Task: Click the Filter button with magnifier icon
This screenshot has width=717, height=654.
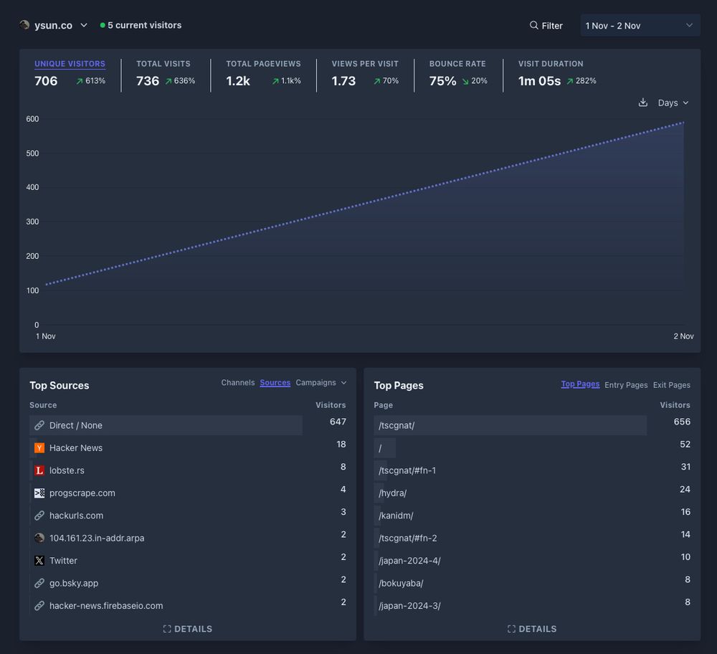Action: click(546, 26)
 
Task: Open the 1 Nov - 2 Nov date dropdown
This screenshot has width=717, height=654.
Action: click(640, 26)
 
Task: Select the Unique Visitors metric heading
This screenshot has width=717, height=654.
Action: click(70, 64)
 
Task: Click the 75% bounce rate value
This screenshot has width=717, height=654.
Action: click(442, 81)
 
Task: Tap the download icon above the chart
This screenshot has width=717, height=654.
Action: click(643, 103)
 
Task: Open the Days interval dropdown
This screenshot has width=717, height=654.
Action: click(673, 103)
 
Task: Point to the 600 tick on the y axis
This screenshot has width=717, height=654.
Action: click(32, 119)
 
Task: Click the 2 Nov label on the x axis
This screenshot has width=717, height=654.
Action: click(683, 336)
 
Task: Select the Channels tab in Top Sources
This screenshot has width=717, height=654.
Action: click(237, 383)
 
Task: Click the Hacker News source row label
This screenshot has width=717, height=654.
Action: click(75, 447)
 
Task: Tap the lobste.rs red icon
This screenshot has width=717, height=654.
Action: click(39, 470)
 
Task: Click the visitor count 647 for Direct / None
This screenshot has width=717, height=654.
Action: click(338, 422)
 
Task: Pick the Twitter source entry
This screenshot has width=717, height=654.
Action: click(63, 561)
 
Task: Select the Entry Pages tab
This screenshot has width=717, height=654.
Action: click(626, 385)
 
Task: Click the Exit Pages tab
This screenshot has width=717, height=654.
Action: click(671, 385)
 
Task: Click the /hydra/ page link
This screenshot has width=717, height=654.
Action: click(393, 493)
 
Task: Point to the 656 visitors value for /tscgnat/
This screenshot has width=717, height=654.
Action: click(682, 422)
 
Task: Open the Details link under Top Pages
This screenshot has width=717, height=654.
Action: click(532, 629)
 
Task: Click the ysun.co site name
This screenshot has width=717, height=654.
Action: click(53, 25)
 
